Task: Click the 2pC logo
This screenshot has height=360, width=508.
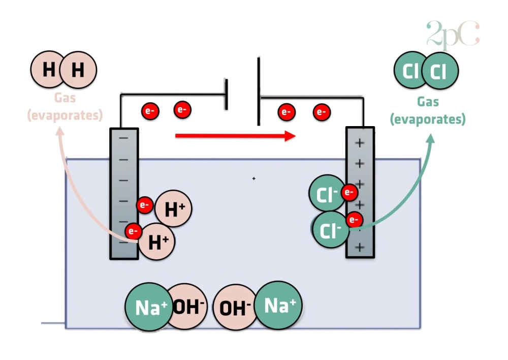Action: (453, 35)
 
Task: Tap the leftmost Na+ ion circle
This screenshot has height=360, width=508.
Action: (148, 307)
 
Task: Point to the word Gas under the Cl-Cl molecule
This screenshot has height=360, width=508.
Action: (428, 102)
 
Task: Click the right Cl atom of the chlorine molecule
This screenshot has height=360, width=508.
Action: (439, 72)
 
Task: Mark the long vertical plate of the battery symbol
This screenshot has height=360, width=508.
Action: (259, 92)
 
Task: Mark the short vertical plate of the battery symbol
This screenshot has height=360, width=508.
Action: (226, 94)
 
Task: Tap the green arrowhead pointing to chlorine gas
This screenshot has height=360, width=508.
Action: (431, 138)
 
